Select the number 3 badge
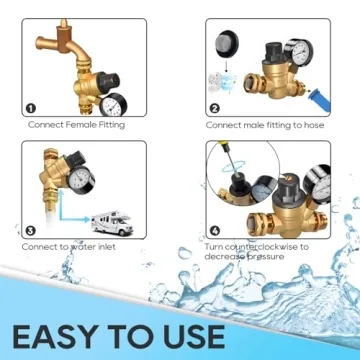click(31, 230)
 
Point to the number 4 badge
click(214, 230)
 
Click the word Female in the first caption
click(82, 126)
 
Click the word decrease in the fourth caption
click(228, 256)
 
